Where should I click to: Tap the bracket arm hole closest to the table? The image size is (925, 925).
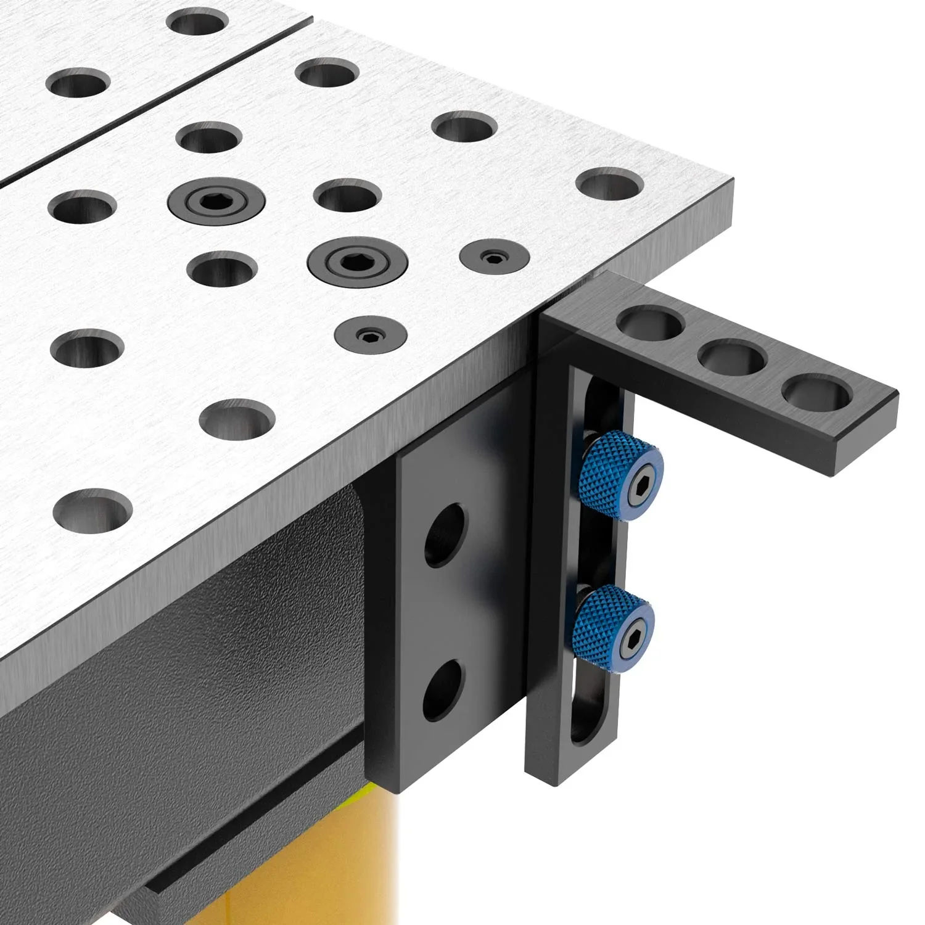[651, 324]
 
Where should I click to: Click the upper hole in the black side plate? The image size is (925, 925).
[445, 534]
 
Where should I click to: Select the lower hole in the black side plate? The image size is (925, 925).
[442, 689]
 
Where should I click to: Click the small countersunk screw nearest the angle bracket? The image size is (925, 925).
[495, 255]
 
